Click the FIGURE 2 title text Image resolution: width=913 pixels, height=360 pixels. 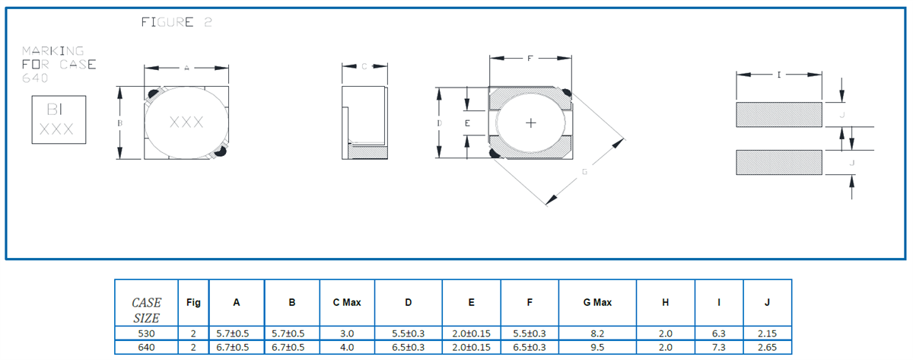[177, 23]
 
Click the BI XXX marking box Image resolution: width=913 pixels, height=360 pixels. [56, 120]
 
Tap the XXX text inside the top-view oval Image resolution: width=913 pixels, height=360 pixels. [186, 122]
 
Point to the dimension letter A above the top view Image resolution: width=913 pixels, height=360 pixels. [186, 68]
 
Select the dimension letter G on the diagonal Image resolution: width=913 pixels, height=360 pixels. [584, 172]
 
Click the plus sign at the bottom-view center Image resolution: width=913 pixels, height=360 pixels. [531, 123]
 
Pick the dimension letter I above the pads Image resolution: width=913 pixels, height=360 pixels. [779, 75]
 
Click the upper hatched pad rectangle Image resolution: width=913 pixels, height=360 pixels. [779, 114]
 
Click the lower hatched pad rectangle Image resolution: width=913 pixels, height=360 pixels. [779, 162]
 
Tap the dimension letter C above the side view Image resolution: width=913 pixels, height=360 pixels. [364, 67]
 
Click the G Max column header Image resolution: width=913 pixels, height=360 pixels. [597, 302]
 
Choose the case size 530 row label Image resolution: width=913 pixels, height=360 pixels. [146, 333]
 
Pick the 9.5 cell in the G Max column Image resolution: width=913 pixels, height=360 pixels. [597, 347]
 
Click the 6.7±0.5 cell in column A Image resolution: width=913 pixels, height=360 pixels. [237, 347]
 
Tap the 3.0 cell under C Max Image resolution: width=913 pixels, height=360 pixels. [347, 333]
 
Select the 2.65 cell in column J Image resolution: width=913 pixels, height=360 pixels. [767, 347]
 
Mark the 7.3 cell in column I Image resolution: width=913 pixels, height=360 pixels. [718, 347]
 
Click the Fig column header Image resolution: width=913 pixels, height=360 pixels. [193, 302]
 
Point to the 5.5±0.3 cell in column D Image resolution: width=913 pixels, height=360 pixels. [409, 333]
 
